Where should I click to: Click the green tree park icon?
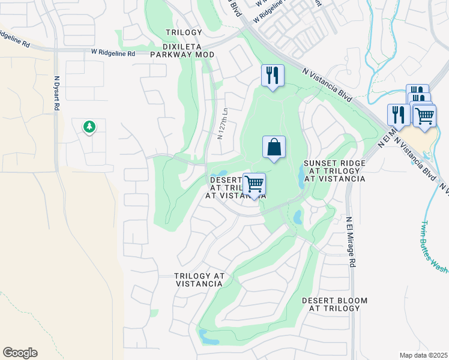[89, 127]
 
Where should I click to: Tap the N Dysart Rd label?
[57, 92]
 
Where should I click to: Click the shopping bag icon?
[274, 147]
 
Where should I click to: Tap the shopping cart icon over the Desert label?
[255, 184]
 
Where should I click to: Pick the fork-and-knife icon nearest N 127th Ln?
[273, 75]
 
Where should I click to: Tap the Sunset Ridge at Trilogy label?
[334, 171]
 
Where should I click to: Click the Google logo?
[20, 353]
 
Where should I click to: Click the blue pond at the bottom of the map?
[209, 339]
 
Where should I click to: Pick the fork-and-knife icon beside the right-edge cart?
[399, 114]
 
